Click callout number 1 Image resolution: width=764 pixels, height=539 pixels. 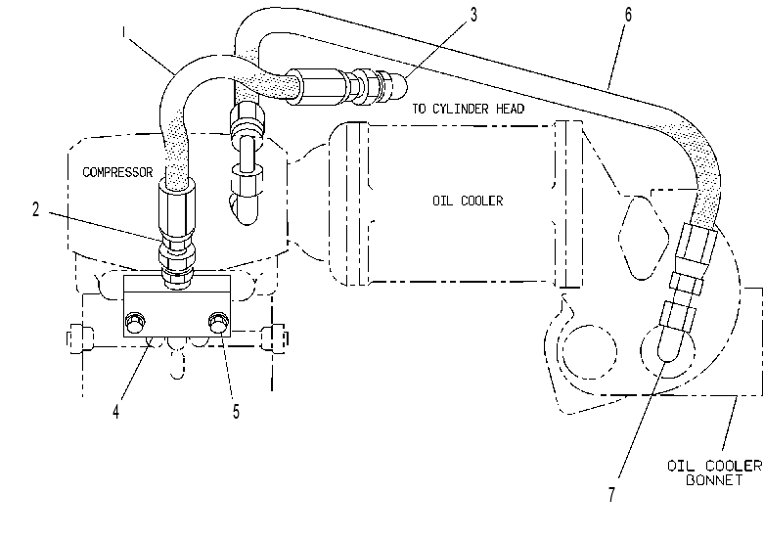[124, 32]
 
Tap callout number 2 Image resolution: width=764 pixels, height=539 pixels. [35, 209]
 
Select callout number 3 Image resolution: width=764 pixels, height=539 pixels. [473, 15]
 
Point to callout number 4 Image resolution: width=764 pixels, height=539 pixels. [116, 412]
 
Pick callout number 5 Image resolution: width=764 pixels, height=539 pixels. [237, 412]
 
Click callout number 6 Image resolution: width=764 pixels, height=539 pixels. [628, 15]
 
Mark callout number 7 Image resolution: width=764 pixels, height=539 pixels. [612, 495]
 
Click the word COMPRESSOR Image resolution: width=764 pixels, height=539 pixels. [117, 172]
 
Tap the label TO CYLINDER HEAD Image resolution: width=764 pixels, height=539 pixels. [469, 109]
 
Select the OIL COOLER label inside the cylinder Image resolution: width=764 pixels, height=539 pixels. [468, 201]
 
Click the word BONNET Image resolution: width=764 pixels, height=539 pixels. [714, 480]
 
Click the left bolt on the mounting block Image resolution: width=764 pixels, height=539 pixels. [135, 321]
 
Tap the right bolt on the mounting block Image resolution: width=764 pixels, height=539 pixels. [218, 321]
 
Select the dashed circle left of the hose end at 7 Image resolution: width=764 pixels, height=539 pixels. [589, 352]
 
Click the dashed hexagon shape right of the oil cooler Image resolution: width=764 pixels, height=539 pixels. [644, 238]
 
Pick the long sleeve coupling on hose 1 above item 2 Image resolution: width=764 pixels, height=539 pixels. [177, 208]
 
